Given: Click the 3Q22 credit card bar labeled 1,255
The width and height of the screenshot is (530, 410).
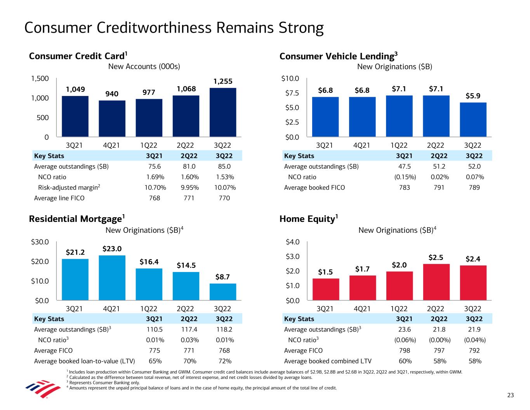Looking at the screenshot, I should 222,112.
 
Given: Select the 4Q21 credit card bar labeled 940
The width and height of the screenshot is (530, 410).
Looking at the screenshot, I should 112,119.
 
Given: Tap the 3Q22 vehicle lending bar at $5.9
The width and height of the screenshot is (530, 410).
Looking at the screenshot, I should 473,119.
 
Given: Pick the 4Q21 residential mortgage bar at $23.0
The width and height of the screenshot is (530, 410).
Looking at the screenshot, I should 112,277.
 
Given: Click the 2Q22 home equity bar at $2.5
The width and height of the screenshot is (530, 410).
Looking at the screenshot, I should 436,282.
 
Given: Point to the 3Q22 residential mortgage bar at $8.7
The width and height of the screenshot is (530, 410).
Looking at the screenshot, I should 222,291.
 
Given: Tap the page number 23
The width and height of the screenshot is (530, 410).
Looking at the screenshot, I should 510,395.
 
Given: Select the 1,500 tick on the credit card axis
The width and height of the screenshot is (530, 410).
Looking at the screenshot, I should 40,79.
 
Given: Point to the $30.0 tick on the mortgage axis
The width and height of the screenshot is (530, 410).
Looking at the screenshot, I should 40,242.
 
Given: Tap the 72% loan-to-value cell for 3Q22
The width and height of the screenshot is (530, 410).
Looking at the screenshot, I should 225,361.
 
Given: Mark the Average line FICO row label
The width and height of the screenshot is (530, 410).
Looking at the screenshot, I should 59,198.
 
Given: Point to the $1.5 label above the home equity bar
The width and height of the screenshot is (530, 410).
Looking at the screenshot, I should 325,272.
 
